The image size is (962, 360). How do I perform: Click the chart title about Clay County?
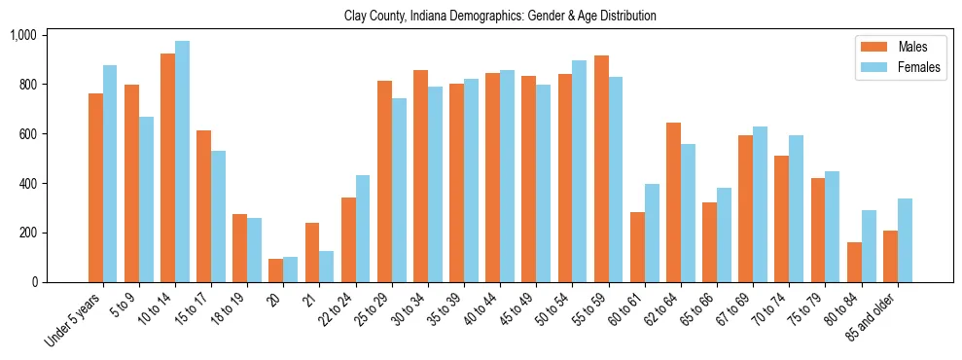point(500,17)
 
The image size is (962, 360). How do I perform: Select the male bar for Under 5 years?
point(95,188)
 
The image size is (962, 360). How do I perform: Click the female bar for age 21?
point(327,267)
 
